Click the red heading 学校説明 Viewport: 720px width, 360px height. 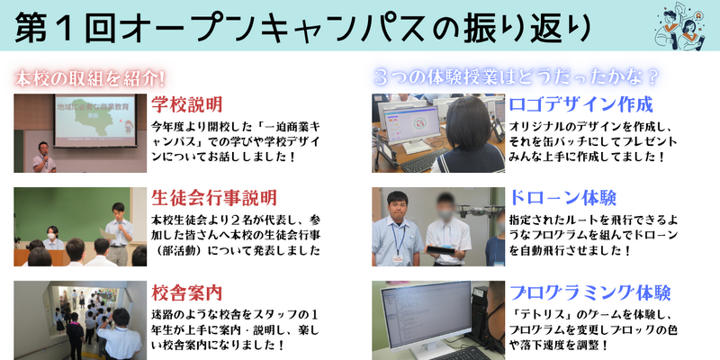pos(187,104)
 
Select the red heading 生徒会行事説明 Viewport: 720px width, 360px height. pos(214,198)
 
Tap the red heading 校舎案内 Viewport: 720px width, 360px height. pos(187,292)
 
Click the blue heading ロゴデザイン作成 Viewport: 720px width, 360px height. pos(580,104)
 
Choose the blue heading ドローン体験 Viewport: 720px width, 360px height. pos(562,198)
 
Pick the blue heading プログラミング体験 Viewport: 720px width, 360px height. pos(590,292)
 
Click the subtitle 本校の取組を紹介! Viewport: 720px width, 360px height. pos(89,79)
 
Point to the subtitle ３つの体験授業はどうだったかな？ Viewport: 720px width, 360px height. pos(517,77)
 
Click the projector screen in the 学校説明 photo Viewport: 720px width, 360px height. pos(95,121)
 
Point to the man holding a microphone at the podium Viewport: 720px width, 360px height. pos(43,157)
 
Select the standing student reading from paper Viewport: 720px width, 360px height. pos(119,234)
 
